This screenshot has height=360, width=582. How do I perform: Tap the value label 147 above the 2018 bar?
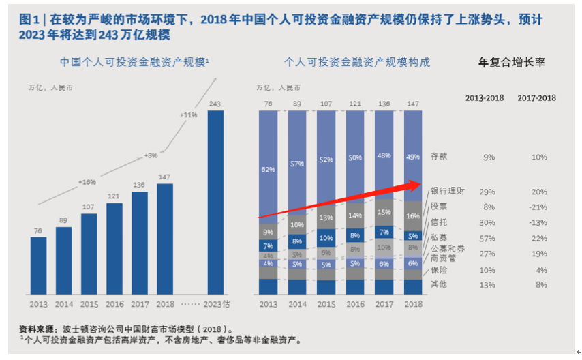[165, 177]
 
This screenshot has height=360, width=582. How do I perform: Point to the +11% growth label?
[187, 115]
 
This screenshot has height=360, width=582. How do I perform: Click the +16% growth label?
[87, 182]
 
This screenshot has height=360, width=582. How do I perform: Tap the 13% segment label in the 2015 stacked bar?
[326, 217]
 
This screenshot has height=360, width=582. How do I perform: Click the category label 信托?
[439, 221]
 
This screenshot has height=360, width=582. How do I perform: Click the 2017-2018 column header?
[536, 97]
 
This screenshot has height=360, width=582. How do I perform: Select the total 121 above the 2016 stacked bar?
[355, 104]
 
